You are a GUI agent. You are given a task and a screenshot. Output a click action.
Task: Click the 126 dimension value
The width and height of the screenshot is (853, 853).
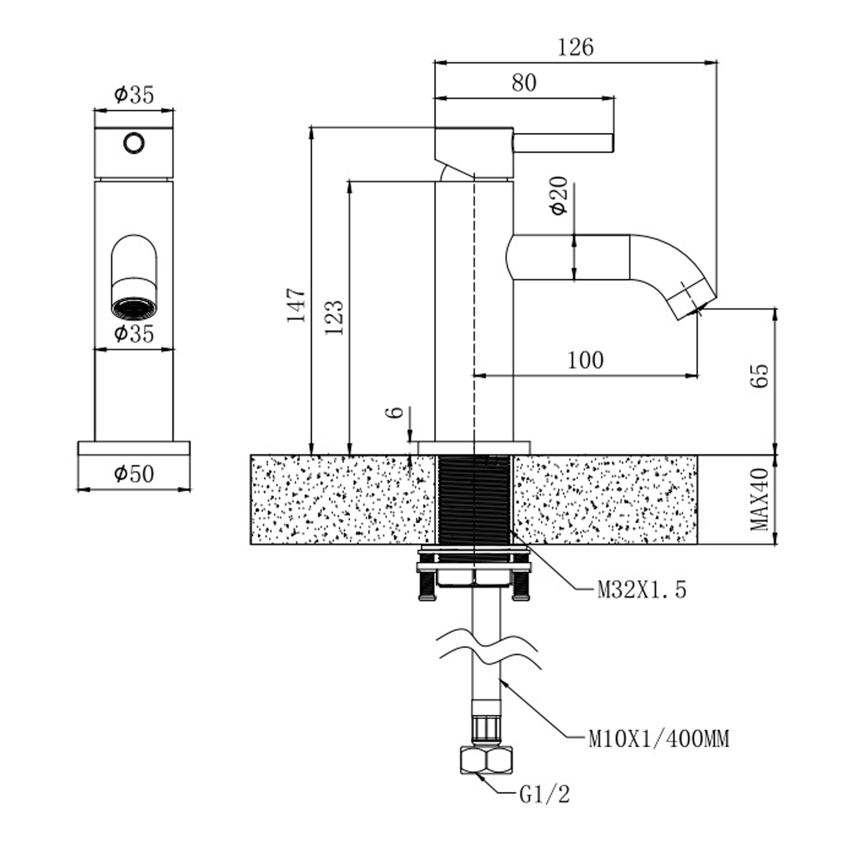[x=575, y=47]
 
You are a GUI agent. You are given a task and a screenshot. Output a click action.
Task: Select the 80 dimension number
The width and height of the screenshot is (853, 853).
[x=523, y=83]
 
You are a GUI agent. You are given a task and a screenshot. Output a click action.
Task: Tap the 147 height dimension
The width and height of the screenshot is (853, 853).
[x=296, y=305]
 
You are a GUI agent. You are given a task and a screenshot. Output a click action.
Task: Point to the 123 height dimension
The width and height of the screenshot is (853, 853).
[x=334, y=317]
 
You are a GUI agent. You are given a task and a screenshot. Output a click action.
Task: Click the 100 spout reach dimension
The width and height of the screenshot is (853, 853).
[x=585, y=360]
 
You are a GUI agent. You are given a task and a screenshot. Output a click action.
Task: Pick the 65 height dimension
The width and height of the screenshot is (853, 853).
[x=760, y=375]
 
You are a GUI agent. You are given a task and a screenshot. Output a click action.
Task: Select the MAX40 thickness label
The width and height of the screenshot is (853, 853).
[x=760, y=500]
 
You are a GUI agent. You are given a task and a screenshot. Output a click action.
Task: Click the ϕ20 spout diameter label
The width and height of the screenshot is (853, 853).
[x=560, y=195]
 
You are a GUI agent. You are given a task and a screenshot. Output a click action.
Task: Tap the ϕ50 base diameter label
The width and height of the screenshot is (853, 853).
[x=134, y=473]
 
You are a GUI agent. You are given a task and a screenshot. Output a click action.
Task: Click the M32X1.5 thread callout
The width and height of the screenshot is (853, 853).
[x=641, y=590]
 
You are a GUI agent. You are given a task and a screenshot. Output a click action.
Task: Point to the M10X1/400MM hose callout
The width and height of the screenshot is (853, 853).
[x=658, y=739]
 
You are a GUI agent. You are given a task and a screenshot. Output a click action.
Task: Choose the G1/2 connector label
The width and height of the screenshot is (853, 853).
[x=544, y=794]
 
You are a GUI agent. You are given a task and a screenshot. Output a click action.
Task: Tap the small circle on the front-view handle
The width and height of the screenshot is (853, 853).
[x=134, y=143]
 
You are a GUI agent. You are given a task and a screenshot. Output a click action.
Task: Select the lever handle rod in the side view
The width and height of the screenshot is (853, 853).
[x=563, y=142]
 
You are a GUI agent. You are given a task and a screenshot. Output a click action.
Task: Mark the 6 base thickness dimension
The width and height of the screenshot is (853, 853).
[x=396, y=412]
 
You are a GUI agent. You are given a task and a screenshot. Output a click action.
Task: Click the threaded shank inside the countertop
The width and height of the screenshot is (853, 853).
[x=474, y=499]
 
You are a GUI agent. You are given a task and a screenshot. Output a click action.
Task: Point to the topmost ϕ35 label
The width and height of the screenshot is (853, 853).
[x=134, y=94]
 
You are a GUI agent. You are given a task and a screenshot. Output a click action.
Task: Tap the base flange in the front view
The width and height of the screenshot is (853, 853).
[x=134, y=448]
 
